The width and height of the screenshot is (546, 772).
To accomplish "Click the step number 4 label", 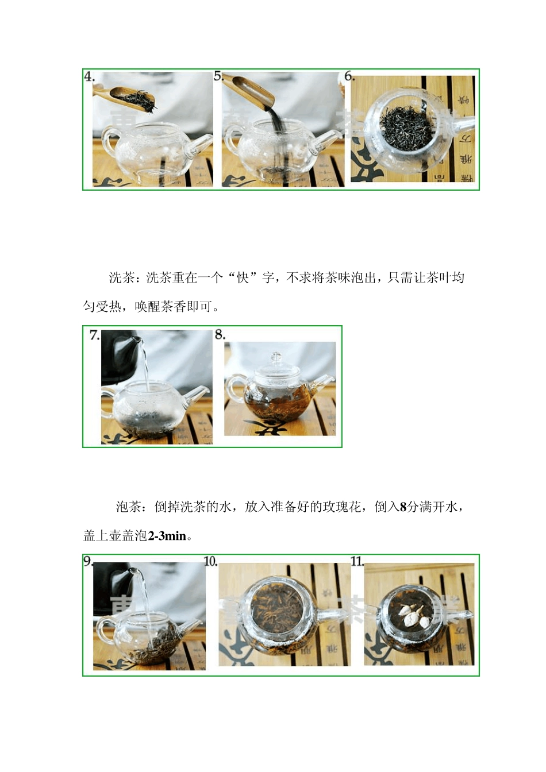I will coord(89,77).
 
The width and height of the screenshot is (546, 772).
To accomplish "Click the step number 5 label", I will coord(218,76).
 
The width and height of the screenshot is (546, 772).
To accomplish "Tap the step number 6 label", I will coord(349,76).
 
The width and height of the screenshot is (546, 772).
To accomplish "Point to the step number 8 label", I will coord(220,334).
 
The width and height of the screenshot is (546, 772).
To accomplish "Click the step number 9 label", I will coord(88,561).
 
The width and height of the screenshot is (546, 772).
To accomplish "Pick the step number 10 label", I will coord(210,561).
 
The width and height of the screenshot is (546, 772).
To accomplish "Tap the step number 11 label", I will coord(357,561).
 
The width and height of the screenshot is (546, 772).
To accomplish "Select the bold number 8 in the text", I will coord(403,507).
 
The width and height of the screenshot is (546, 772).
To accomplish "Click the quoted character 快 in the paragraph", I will coord(243,278).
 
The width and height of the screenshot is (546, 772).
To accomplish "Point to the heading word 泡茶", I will coord(128,507).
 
